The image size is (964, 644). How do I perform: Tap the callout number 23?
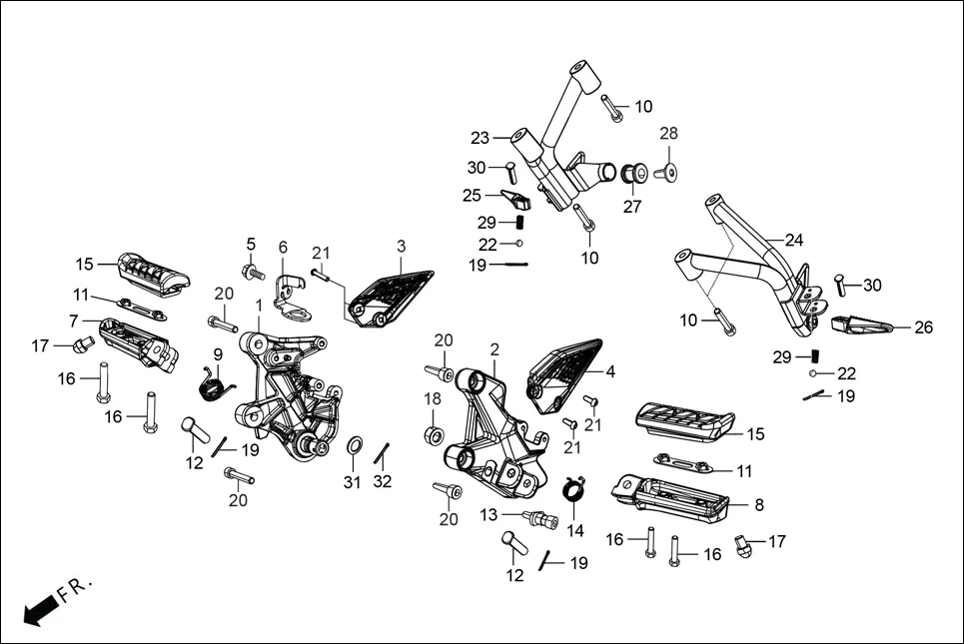point(481,138)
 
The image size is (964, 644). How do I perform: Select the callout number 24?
point(793,240)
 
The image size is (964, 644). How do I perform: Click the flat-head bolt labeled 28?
point(668,172)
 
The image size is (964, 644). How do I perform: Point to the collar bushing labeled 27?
point(632,175)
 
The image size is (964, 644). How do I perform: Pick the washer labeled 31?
point(355,444)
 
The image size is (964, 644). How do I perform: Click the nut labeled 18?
point(434,435)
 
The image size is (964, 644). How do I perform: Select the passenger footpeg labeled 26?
point(855,324)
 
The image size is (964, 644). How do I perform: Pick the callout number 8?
point(759,505)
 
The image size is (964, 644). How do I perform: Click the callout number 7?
point(74,322)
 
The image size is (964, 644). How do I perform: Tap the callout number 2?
point(493,348)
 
